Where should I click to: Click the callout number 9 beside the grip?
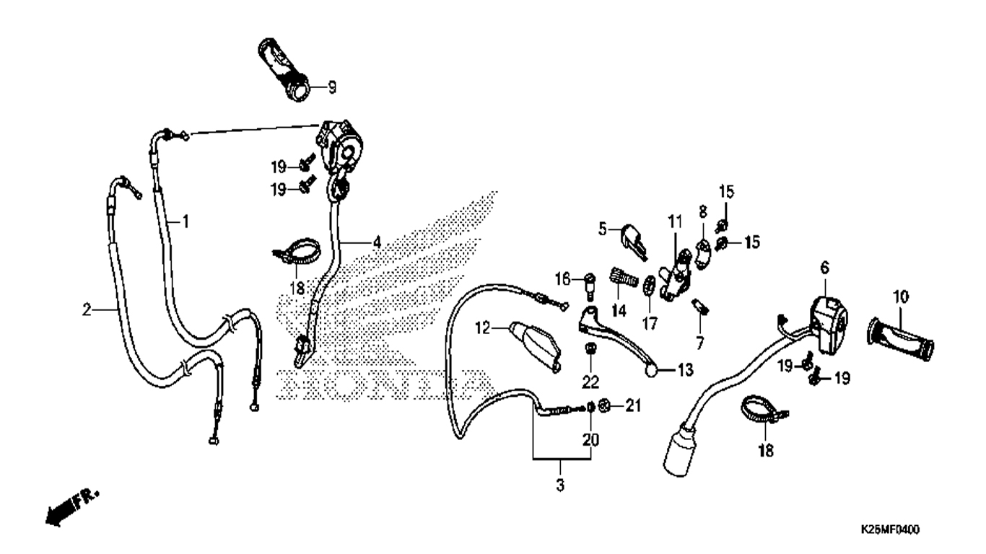[332, 87]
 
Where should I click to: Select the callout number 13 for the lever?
[684, 370]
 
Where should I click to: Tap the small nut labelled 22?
[590, 349]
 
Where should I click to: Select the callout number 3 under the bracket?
[560, 485]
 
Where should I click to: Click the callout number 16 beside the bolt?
[562, 279]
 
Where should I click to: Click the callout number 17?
[650, 324]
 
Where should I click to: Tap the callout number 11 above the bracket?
[675, 221]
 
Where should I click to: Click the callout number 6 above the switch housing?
[824, 268]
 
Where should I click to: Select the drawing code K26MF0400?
[889, 529]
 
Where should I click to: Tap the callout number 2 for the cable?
[87, 310]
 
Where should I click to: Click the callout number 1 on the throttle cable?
[186, 221]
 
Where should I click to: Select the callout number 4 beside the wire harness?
[377, 242]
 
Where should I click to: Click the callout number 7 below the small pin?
[699, 343]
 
